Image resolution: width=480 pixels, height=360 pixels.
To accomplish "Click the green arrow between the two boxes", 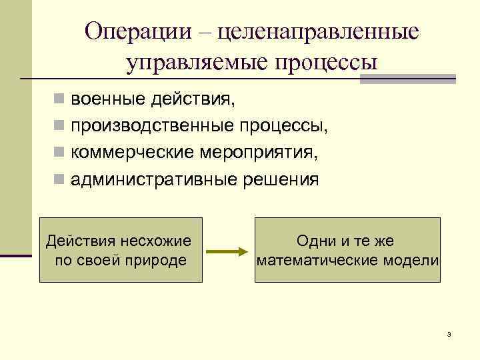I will [x=227, y=252].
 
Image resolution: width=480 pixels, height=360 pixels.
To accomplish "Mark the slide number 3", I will [x=450, y=333].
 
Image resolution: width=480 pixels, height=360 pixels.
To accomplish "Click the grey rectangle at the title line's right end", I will [x=407, y=79].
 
